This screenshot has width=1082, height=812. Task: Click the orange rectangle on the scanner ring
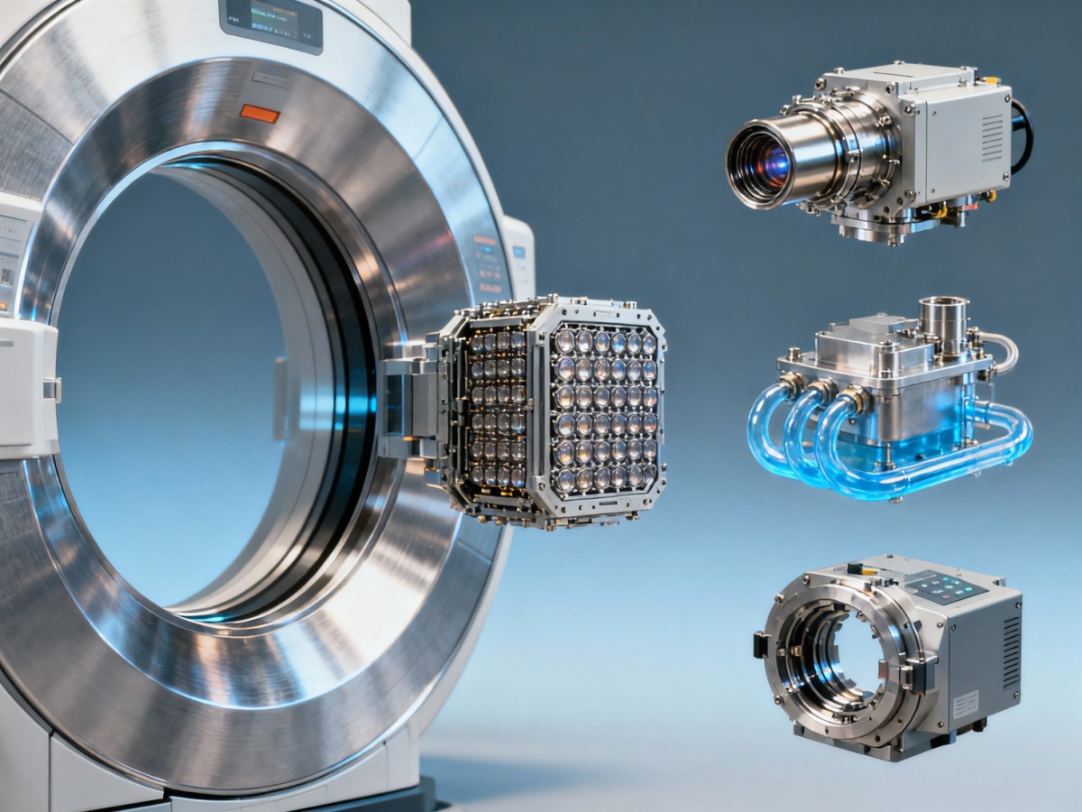(260, 114)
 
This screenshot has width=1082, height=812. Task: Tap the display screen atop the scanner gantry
(271, 22)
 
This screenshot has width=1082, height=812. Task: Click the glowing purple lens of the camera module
(775, 163)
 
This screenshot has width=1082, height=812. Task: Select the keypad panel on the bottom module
(946, 588)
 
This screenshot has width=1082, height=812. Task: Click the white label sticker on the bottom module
(965, 704)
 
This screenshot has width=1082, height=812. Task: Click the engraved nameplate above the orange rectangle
(271, 79)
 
